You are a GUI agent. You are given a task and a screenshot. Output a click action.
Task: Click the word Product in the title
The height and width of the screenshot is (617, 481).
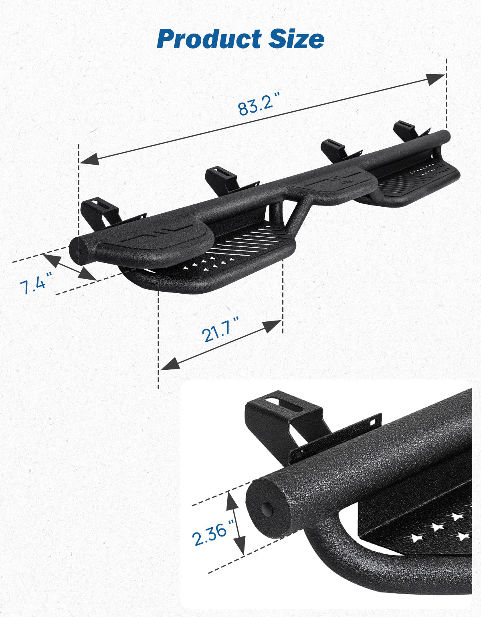209,39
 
